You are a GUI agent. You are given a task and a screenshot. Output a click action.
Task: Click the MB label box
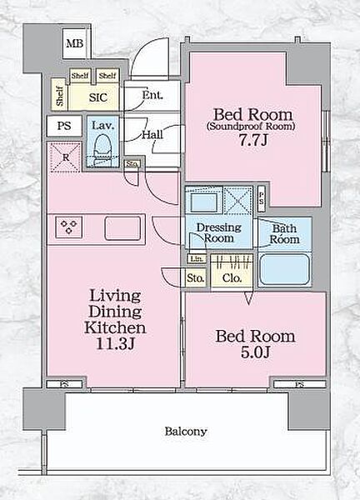[x=75, y=44]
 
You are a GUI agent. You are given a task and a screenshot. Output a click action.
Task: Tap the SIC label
[x=97, y=96]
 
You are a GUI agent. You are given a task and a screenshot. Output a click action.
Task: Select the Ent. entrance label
[x=152, y=95]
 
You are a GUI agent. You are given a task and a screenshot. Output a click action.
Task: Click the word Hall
[x=152, y=133]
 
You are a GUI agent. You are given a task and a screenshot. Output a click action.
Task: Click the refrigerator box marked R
[x=63, y=157]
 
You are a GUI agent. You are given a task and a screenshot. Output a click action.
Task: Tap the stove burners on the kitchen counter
[x=69, y=227]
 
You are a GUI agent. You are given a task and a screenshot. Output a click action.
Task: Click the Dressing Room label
[x=218, y=232]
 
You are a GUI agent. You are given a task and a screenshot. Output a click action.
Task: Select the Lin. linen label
[x=195, y=260]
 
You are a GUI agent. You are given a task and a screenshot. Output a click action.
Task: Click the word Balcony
[x=185, y=432]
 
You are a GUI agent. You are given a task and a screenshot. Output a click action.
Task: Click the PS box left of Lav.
[x=63, y=126]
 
